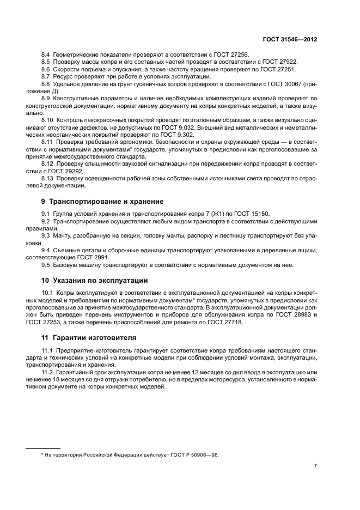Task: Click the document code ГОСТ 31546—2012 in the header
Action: pos(291,40)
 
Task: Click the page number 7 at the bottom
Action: pos(316,466)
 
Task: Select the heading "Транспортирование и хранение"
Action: pos(102,201)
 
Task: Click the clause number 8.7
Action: pos(46,77)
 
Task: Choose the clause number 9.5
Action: pos(46,265)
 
